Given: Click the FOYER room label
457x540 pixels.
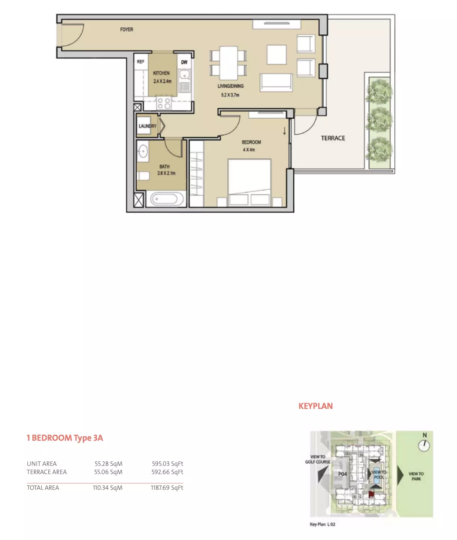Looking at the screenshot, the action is (x=127, y=30).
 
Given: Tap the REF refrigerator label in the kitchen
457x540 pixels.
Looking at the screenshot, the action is (x=140, y=62).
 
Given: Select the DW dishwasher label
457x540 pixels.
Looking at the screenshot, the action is (x=184, y=62).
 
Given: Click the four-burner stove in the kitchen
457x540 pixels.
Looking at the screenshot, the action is (x=164, y=103).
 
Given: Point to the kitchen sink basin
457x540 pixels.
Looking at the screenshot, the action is (x=185, y=75).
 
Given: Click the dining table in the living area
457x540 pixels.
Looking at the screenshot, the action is (x=228, y=63).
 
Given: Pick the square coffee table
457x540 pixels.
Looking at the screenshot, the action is (x=276, y=55).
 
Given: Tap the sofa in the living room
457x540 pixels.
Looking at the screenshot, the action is (x=276, y=82).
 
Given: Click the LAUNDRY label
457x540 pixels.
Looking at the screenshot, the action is (x=147, y=126).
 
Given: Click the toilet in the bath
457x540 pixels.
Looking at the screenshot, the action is (x=143, y=176).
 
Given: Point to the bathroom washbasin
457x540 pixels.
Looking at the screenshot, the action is (x=143, y=151).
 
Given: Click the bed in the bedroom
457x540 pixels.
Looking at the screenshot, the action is (x=249, y=183).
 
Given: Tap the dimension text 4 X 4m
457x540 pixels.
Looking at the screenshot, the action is (x=249, y=150).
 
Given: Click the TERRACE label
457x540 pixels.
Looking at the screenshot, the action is (x=333, y=138).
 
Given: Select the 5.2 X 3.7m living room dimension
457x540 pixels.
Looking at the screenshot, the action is (x=230, y=95).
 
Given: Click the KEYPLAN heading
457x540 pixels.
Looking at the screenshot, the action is (x=315, y=406).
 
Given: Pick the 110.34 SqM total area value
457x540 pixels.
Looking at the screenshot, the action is (x=108, y=488).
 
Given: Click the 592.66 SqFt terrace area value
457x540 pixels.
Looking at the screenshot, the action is (x=167, y=472).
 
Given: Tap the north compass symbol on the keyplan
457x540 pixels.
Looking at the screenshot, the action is (x=424, y=446).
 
